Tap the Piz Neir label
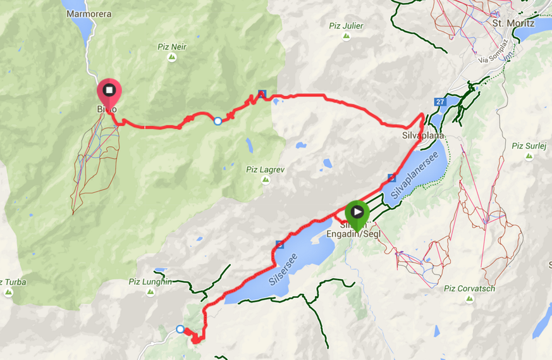point(172,46)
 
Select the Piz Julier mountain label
point(347,26)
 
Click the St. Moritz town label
point(513,23)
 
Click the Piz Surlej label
point(529,146)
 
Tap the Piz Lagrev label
point(266,169)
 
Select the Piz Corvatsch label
point(469,289)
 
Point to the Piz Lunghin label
point(149,282)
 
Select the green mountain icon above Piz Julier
point(347,37)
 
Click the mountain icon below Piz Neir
point(172,58)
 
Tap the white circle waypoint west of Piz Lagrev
point(218,121)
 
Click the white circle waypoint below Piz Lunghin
point(180,329)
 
